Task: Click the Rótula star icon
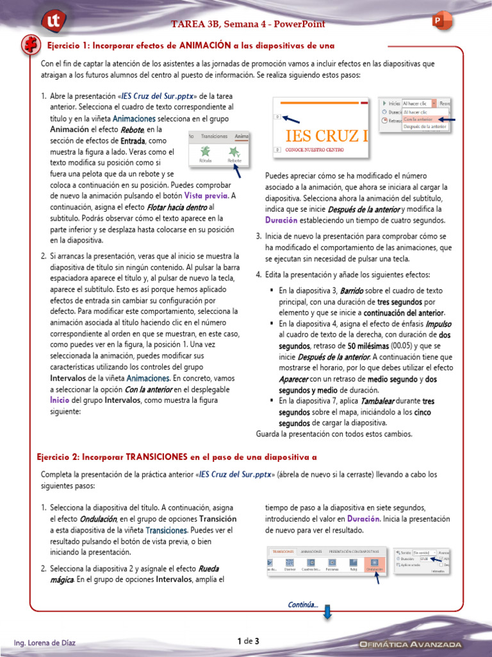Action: coord(205,153)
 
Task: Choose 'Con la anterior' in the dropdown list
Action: coord(418,119)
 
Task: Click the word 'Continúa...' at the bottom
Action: coord(303,604)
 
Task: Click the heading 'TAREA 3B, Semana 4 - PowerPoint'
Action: coord(248,24)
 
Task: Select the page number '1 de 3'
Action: coord(247,641)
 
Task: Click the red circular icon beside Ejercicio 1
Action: coord(29,44)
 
